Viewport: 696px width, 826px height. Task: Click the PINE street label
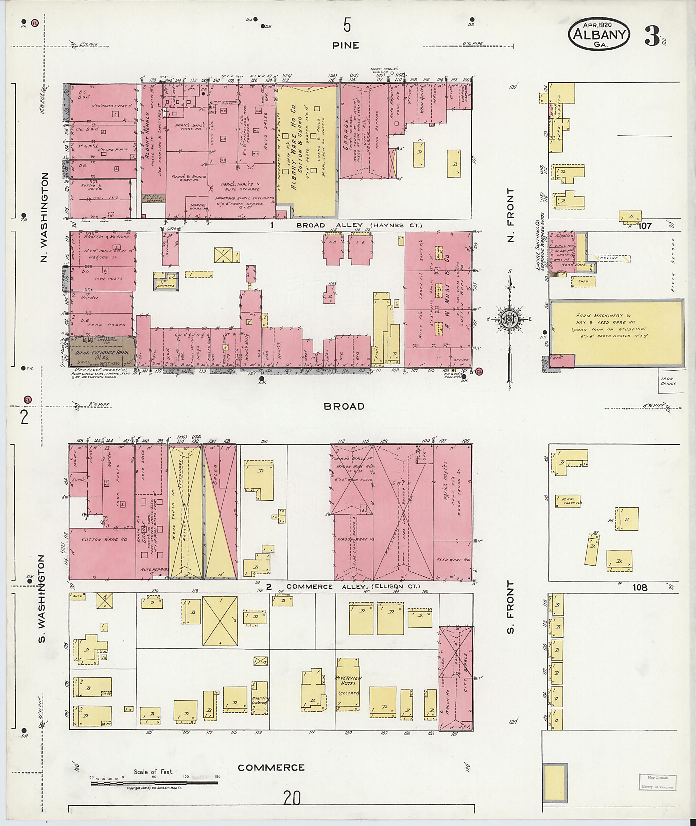[346, 46]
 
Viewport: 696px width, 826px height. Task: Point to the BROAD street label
[344, 406]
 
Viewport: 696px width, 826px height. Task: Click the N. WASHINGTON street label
[44, 217]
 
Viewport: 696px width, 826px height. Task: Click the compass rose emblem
[509, 318]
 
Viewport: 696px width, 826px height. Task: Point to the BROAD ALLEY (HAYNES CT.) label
[359, 225]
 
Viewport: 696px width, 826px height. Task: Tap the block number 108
[640, 588]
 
